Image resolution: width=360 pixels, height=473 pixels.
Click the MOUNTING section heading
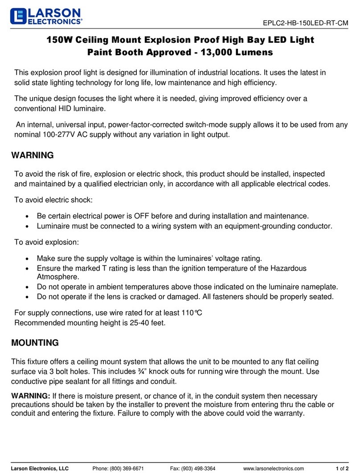[x=35, y=343]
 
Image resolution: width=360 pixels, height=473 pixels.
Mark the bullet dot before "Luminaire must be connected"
[x=29, y=226]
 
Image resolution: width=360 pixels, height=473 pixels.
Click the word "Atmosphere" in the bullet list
[x=59, y=276]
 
